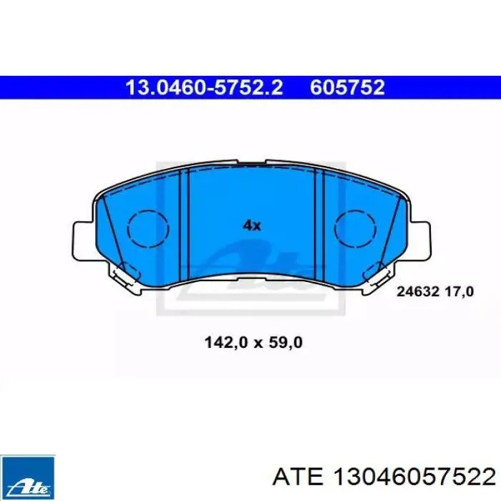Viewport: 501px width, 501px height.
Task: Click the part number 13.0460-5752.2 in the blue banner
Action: click(204, 87)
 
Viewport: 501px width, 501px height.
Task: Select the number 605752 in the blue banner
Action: click(347, 87)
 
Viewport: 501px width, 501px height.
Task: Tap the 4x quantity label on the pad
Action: click(252, 226)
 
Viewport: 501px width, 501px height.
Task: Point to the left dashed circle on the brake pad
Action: click(148, 229)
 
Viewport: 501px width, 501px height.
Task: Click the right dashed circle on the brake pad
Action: click(355, 229)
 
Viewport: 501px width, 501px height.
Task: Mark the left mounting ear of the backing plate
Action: click(84, 240)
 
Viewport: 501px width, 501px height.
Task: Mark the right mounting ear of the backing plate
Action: click(420, 240)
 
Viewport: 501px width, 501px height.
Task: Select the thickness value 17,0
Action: click(459, 291)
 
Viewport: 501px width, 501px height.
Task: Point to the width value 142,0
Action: click(226, 343)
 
